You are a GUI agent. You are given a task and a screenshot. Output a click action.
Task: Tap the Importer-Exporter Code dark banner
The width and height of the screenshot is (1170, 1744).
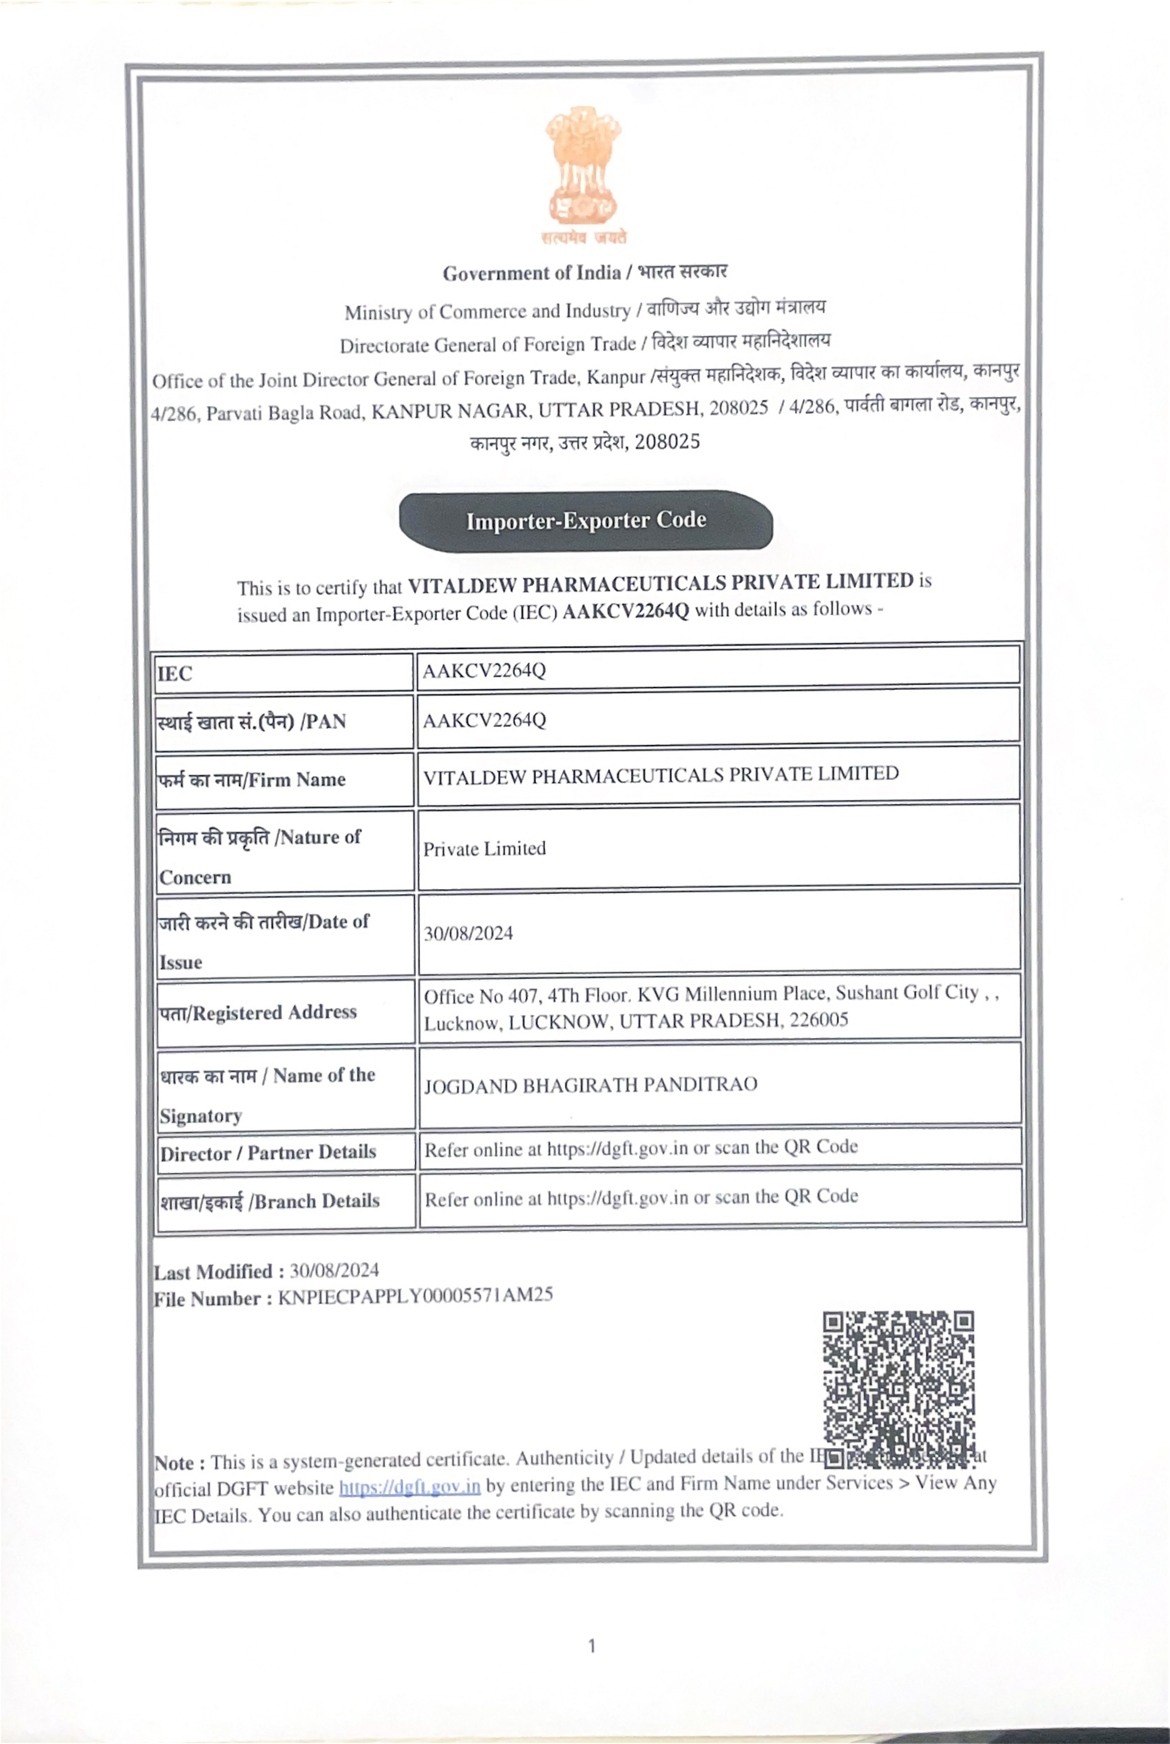point(586,521)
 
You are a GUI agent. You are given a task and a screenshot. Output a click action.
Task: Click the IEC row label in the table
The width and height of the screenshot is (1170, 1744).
point(175,674)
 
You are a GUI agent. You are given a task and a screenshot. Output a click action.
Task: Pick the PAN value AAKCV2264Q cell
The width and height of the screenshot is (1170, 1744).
point(484,720)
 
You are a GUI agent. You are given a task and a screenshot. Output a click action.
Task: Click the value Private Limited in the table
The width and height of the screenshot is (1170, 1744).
point(484,848)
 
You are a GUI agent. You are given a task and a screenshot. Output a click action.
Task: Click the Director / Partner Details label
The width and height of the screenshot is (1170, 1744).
point(268,1153)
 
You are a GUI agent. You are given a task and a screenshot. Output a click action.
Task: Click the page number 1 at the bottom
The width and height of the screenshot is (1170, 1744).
point(592,1645)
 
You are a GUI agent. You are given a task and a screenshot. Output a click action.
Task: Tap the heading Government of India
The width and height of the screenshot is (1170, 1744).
point(531,273)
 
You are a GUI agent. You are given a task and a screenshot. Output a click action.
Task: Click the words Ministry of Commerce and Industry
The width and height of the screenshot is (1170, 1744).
point(487,311)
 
